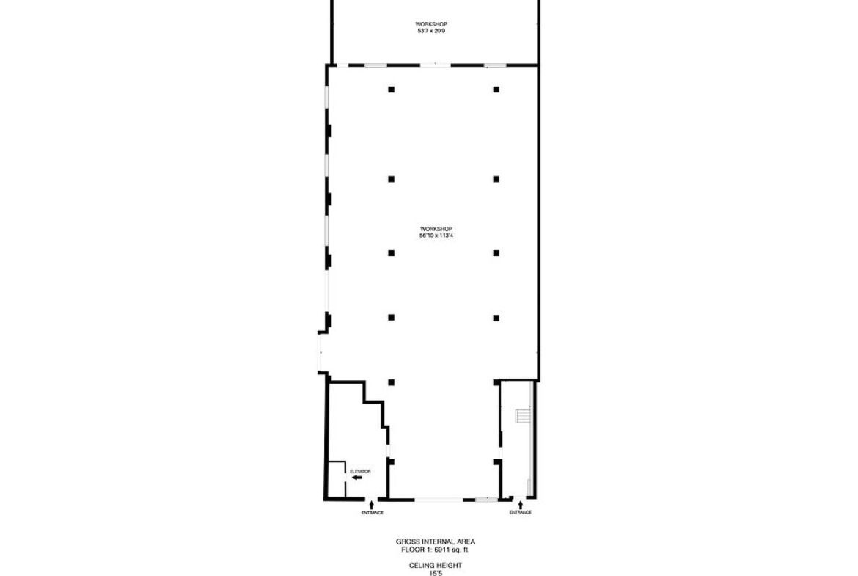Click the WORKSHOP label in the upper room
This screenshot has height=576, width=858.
point(431,24)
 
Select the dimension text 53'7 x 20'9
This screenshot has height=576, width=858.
point(431,32)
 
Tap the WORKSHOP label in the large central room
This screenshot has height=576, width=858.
point(436,229)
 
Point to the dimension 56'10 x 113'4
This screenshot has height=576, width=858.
point(436,236)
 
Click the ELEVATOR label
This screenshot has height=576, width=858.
point(360,471)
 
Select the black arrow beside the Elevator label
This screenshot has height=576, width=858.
point(357,478)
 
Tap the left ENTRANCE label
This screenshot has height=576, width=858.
point(372,513)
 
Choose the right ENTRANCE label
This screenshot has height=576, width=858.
point(521,512)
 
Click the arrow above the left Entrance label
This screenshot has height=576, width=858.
point(372,504)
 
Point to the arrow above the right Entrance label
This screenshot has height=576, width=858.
point(521,504)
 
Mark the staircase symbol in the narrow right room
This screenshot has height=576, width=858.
point(524,415)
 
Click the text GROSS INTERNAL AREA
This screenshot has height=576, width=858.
point(436,542)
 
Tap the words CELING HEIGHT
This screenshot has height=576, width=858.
point(436,566)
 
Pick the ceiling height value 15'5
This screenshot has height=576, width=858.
point(436,573)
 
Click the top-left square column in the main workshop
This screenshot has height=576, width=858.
point(392,90)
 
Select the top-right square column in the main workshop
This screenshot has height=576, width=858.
point(496,90)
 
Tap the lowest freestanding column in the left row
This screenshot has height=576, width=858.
point(392,382)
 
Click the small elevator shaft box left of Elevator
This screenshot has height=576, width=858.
point(336,480)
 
